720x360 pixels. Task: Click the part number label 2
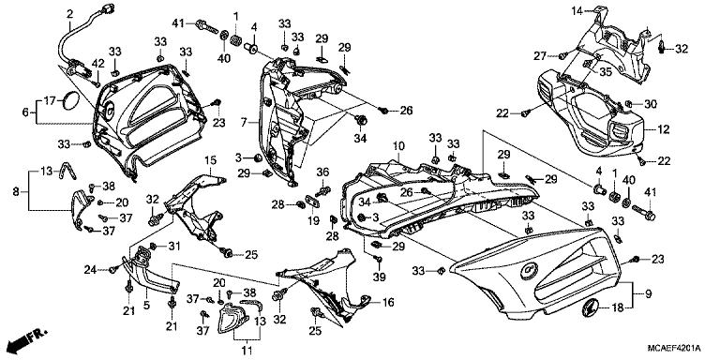point(69,12)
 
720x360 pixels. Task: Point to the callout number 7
point(243,122)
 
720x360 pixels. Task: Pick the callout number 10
point(397,146)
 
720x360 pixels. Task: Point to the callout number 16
point(387,304)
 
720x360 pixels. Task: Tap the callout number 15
point(210,160)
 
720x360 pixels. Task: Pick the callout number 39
point(380,277)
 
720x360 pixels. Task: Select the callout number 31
point(173,246)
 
